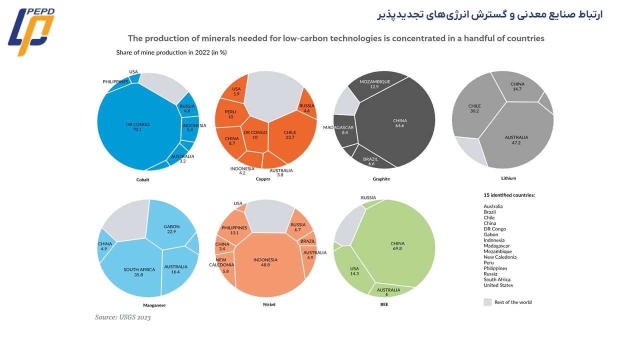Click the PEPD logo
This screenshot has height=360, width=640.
pyautogui.click(x=31, y=31)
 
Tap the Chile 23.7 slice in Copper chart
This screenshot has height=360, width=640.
pyautogui.click(x=292, y=137)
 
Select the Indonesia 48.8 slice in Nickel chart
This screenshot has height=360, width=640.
pyautogui.click(x=269, y=265)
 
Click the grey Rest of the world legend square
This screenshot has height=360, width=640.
pyautogui.click(x=487, y=302)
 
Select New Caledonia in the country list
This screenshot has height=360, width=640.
pyautogui.click(x=499, y=257)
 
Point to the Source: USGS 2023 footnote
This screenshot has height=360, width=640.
pyautogui.click(x=122, y=317)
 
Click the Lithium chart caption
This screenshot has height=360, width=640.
pyautogui.click(x=508, y=178)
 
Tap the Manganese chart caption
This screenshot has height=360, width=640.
pyautogui.click(x=154, y=305)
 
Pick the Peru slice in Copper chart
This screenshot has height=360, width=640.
pyautogui.click(x=230, y=114)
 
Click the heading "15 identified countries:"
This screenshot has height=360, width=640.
pyautogui.click(x=509, y=195)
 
